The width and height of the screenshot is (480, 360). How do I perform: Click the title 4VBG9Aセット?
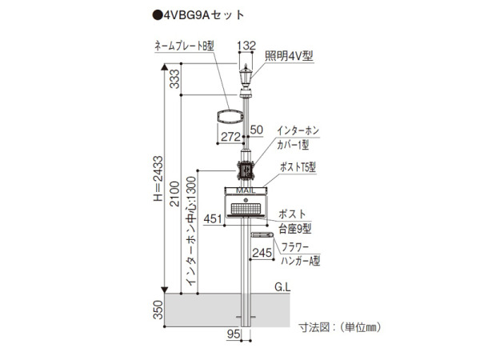pyautogui.click(x=198, y=15)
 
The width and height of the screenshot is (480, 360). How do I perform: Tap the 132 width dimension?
pyautogui.click(x=246, y=46)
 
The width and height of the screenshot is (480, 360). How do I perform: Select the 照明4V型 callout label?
pyautogui.click(x=289, y=56)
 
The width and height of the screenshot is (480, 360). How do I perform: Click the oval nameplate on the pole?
pyautogui.click(x=230, y=117)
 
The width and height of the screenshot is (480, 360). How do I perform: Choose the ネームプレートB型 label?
pyautogui.click(x=184, y=46)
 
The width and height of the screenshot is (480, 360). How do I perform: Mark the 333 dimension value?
pyautogui.click(x=174, y=79)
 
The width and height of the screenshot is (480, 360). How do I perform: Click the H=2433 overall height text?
pyautogui.click(x=158, y=178)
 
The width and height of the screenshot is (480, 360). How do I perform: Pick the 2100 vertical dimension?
pyautogui.click(x=174, y=194)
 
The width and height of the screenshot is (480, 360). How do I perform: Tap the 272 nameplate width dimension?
pyautogui.click(x=230, y=137)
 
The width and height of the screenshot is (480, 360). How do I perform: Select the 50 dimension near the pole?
pyautogui.click(x=257, y=130)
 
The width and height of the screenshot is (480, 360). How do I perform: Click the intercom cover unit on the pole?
pyautogui.click(x=246, y=170)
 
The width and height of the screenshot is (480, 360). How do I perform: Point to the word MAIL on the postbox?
pyautogui.click(x=246, y=190)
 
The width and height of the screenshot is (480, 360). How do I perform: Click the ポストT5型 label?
pyautogui.click(x=298, y=167)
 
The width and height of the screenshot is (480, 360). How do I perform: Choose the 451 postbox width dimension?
pyautogui.click(x=213, y=219)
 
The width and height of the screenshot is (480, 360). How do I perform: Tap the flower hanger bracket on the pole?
pyautogui.click(x=262, y=234)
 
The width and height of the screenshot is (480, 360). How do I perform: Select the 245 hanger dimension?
pyautogui.click(x=262, y=253)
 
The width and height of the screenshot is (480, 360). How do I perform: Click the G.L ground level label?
pyautogui.click(x=282, y=287)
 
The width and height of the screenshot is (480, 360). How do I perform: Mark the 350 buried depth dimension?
pyautogui.click(x=158, y=310)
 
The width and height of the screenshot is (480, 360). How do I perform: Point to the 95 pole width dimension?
pyautogui.click(x=234, y=334)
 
